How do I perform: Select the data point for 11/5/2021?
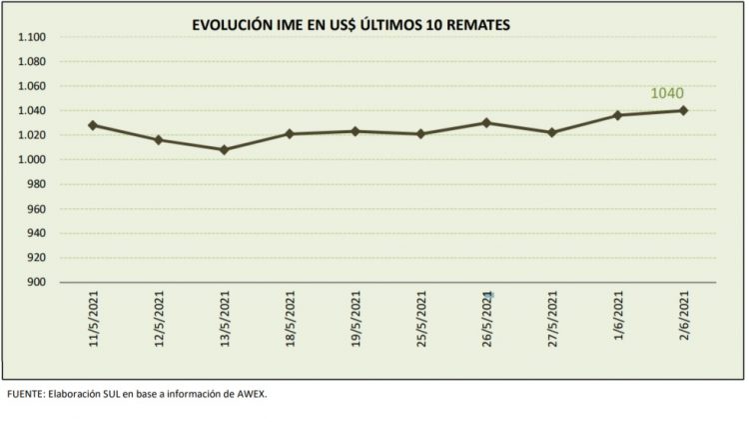pos(93,125)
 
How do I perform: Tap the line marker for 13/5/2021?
pos(224,150)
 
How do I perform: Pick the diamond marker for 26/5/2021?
pos(485,123)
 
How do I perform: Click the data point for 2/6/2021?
pos(683,110)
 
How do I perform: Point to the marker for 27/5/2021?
pos(551,132)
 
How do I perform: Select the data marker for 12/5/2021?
pos(158,139)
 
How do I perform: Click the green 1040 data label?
pos(667,93)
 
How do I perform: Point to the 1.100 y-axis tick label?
pos(34,38)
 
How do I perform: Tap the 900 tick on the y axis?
pos(38,282)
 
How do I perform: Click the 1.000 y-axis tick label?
pos(34,160)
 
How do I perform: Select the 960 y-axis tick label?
pos(38,209)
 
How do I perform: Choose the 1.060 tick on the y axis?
pos(34,86)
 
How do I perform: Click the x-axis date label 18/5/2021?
pos(290,317)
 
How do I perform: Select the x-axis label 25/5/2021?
pos(421,317)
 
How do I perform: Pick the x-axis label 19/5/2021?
pos(356,317)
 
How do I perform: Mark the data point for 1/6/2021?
pos(617,115)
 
